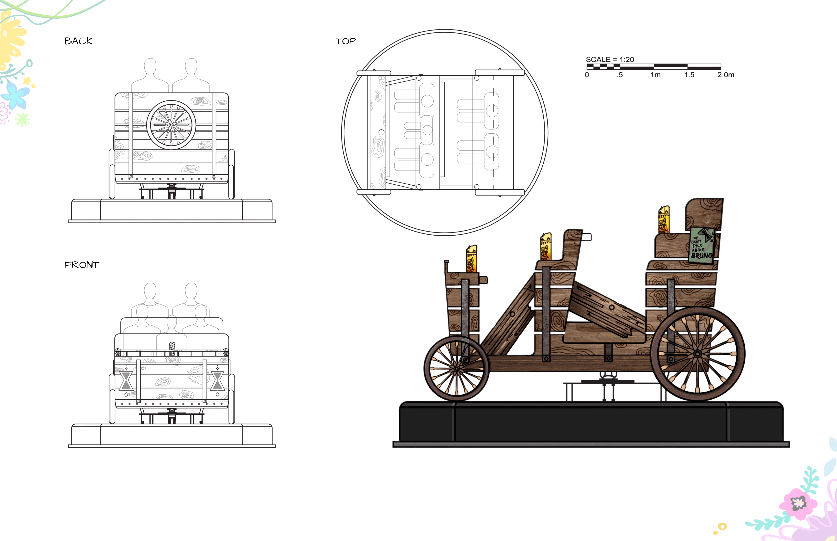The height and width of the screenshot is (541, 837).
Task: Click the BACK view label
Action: tap(78, 41)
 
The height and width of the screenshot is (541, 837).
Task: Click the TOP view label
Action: tap(345, 41)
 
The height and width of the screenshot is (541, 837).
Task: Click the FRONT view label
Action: tap(82, 265)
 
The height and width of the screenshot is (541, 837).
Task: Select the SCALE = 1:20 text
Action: tap(610, 59)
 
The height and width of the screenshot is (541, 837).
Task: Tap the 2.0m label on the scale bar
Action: tap(726, 75)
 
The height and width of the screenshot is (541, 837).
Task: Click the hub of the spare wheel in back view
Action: tap(171, 125)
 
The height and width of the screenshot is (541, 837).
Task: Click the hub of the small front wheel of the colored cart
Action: tap(456, 369)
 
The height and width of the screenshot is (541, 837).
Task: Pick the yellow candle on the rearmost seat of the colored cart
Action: tap(664, 220)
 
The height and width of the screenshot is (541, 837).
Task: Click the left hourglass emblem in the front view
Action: tap(126, 381)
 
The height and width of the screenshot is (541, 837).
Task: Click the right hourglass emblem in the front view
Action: tap(217, 381)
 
